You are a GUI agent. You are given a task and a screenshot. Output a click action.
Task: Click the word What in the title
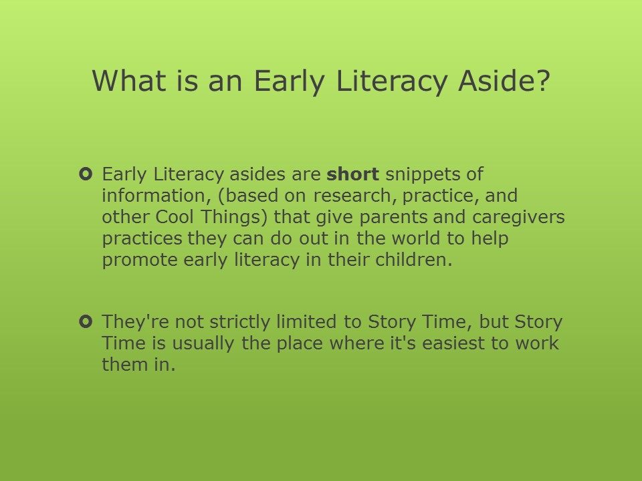coord(129,81)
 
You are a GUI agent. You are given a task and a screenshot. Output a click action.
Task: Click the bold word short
coord(352,174)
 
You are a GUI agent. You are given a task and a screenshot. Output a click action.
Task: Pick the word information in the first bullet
coord(156,196)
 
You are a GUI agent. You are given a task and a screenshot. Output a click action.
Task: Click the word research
coord(355,196)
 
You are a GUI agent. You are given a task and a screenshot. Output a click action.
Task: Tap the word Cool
coord(175,216)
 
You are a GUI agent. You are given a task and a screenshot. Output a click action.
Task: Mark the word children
coord(413,259)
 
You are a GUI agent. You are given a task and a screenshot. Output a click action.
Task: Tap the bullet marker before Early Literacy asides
coord(86,174)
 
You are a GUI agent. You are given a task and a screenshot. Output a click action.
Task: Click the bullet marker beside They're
coord(86,321)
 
